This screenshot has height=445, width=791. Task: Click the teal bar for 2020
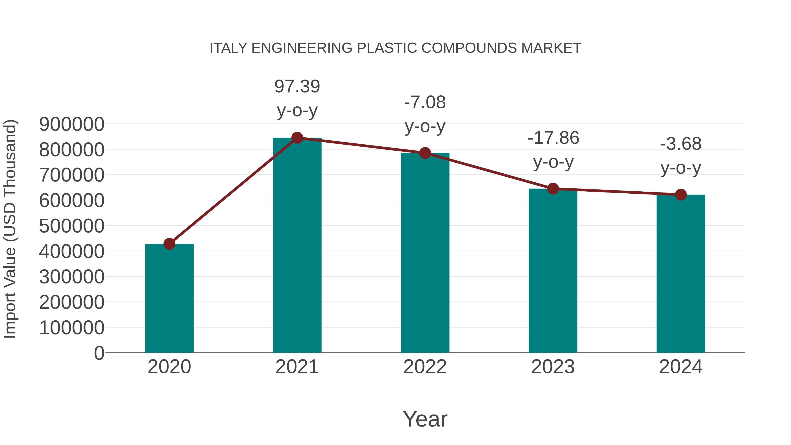click(169, 298)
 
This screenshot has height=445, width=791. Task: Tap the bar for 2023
click(553, 270)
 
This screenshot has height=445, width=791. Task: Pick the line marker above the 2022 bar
click(425, 153)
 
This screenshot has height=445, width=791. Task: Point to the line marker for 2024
click(681, 194)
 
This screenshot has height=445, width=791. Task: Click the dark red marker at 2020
click(169, 244)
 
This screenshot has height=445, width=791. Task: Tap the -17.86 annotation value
click(553, 138)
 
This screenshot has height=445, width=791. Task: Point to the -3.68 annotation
click(681, 144)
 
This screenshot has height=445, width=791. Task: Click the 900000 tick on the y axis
click(72, 124)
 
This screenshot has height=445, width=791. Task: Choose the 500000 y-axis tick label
click(72, 226)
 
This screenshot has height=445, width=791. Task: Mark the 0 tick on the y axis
click(99, 353)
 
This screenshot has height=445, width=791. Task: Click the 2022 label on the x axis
click(425, 367)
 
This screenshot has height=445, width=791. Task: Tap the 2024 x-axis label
click(681, 367)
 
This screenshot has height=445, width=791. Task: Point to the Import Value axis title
click(10, 229)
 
